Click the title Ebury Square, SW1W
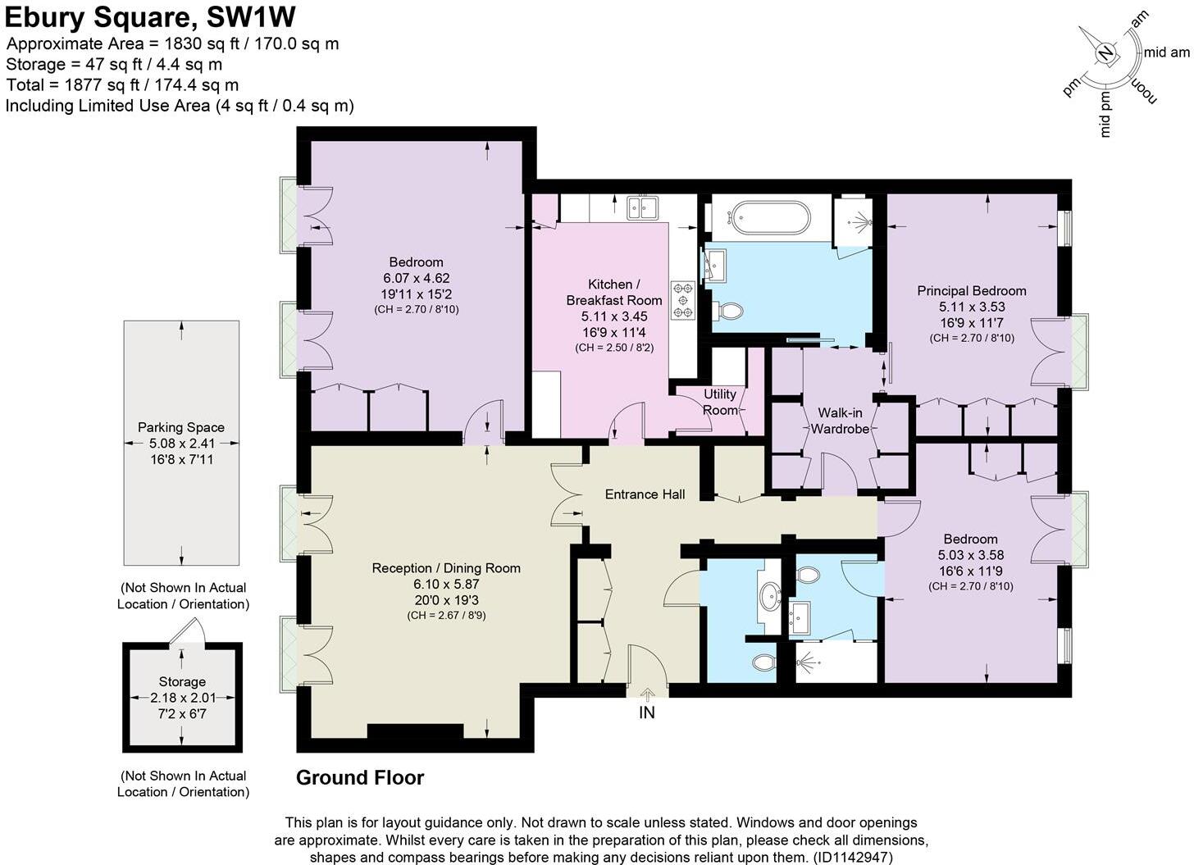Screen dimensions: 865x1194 (x=150, y=17)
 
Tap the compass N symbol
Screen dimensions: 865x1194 (x=1106, y=54)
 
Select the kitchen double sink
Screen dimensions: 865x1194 (x=644, y=207)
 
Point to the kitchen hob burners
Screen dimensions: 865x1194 (x=683, y=300)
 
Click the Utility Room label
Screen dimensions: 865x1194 (x=719, y=402)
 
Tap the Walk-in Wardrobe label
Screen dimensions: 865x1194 (x=839, y=421)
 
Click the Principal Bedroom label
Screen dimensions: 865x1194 (x=971, y=291)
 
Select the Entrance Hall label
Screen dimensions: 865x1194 (x=645, y=494)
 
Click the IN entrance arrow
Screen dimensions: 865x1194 (x=647, y=695)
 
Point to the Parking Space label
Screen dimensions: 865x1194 (x=181, y=427)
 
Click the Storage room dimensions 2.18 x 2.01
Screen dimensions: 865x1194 (x=182, y=698)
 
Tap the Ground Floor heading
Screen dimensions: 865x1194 (x=360, y=777)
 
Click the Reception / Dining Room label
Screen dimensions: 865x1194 (x=446, y=568)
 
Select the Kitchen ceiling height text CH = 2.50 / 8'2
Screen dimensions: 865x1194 (x=614, y=348)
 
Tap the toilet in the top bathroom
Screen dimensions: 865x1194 (x=728, y=312)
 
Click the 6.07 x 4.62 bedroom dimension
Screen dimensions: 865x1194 (x=416, y=278)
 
